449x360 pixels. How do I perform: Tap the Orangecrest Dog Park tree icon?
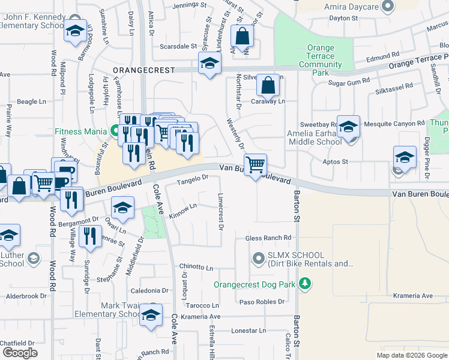306,283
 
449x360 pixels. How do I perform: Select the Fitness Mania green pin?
116,130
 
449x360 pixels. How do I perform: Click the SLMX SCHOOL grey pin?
259,259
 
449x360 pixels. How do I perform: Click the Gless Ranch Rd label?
268,238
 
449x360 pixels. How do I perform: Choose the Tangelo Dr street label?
192,178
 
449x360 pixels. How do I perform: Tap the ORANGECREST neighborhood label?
143,70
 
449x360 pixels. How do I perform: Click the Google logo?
20,353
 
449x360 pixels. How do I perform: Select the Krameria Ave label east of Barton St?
413,296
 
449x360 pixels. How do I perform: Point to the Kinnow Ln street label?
183,211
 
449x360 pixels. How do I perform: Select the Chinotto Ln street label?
196,266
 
